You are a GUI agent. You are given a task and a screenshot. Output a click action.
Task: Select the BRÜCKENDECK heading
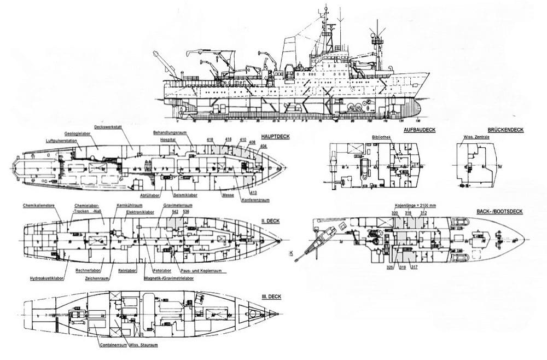click(505, 130)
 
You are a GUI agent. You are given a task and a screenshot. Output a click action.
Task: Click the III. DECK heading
click(272, 296)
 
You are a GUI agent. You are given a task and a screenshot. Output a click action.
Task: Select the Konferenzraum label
click(255, 200)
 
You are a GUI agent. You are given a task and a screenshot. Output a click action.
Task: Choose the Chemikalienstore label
click(38, 206)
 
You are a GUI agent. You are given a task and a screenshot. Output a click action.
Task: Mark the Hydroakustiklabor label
click(48, 278)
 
